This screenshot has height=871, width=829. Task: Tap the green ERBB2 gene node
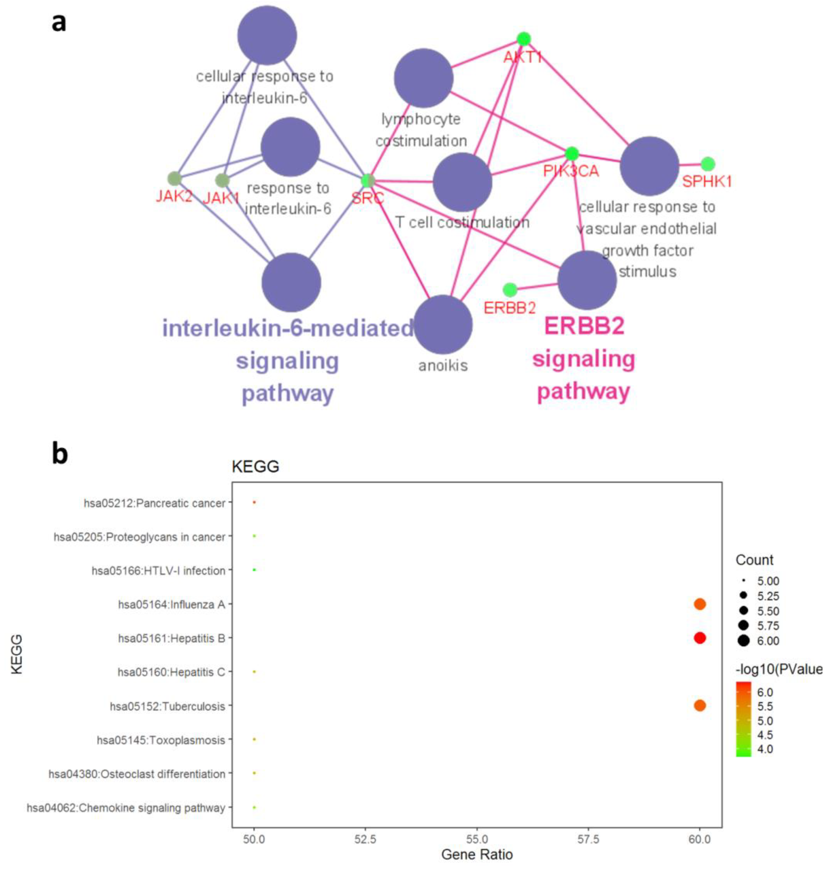click(510, 290)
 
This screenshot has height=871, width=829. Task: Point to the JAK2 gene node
click(174, 179)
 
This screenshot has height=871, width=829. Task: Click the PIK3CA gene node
click(572, 154)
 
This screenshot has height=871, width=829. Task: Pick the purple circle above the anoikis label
click(443, 325)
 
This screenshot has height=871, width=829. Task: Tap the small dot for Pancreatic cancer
click(254, 502)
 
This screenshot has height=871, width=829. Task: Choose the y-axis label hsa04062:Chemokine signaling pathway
click(126, 808)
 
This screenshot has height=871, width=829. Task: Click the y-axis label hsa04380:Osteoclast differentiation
click(137, 774)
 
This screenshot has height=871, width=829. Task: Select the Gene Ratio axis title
click(477, 855)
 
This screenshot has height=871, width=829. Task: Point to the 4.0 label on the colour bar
click(765, 749)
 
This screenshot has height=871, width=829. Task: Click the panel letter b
click(60, 454)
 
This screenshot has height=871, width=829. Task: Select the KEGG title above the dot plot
click(255, 466)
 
